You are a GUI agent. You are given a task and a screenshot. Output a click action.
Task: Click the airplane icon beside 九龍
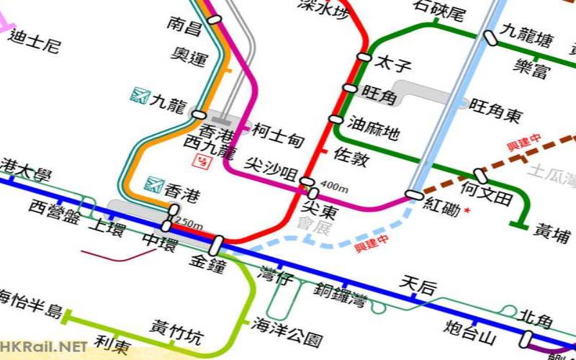pyautogui.click(x=140, y=94)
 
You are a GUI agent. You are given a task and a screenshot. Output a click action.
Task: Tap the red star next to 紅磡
pyautogui.click(x=467, y=210)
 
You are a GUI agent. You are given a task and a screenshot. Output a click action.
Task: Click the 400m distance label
pyautogui.click(x=334, y=189)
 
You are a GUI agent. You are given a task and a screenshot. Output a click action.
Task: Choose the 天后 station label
pyautogui.click(x=418, y=286)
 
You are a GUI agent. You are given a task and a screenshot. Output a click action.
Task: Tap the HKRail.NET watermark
pyautogui.click(x=45, y=347)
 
